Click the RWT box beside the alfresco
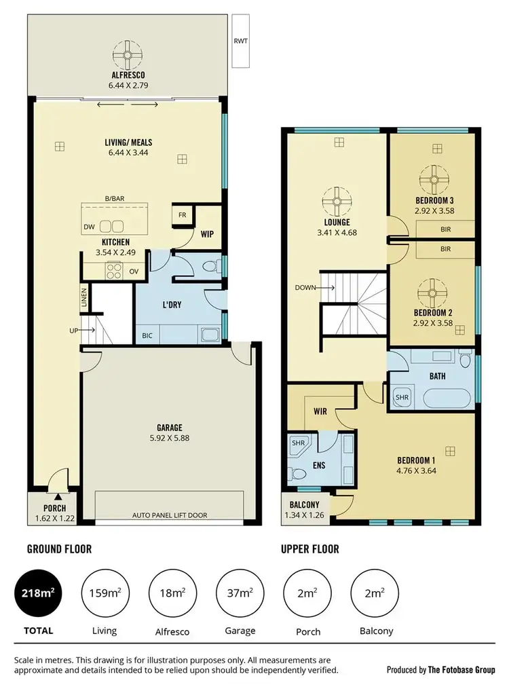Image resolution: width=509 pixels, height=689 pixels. point(240,41)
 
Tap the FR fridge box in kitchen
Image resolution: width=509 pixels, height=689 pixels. point(182,215)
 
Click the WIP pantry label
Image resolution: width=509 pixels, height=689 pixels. point(207,234)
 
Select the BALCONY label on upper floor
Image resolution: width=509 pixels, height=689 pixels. point(304,506)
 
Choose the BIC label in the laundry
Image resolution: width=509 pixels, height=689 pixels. point(147,335)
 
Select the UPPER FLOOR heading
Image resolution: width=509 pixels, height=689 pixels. point(309,548)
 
